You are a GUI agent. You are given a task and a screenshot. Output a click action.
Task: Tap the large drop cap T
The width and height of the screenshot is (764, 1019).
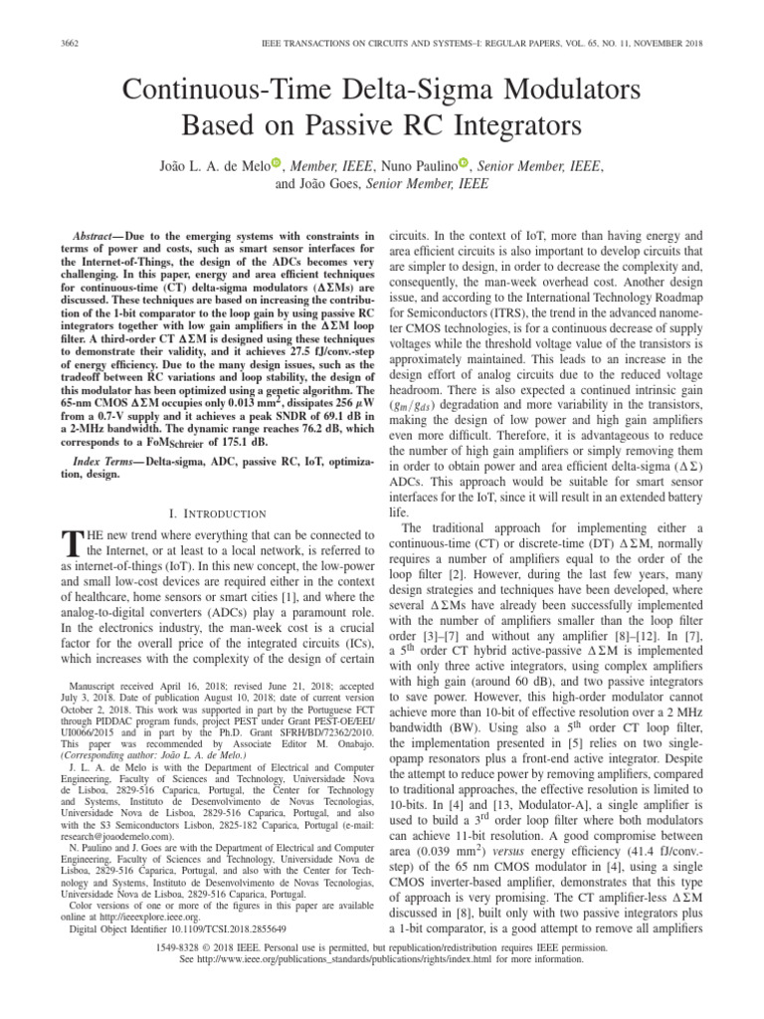[x=71, y=543]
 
